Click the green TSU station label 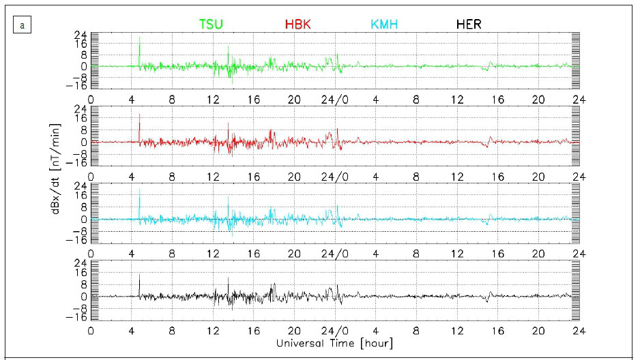coord(211,25)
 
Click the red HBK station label coord(298,25)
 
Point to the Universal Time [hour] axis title coord(334,343)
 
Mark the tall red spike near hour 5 coord(140,125)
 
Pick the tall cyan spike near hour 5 coord(140,201)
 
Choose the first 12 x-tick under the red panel coord(213,175)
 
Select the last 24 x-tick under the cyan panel coord(579,252)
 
